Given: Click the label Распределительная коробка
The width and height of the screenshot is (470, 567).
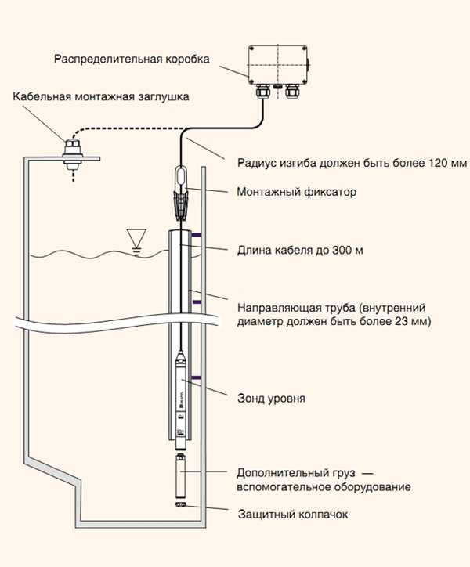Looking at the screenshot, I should point(131,60).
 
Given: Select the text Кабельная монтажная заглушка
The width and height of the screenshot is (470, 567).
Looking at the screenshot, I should point(101,97).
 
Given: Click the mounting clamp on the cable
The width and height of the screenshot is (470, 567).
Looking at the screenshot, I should point(181,200).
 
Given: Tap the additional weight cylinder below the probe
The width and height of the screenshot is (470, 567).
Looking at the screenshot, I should point(181,479).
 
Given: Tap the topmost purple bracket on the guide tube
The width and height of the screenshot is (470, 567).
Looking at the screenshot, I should point(196,234).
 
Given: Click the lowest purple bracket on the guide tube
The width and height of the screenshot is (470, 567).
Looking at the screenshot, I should point(196,379).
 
